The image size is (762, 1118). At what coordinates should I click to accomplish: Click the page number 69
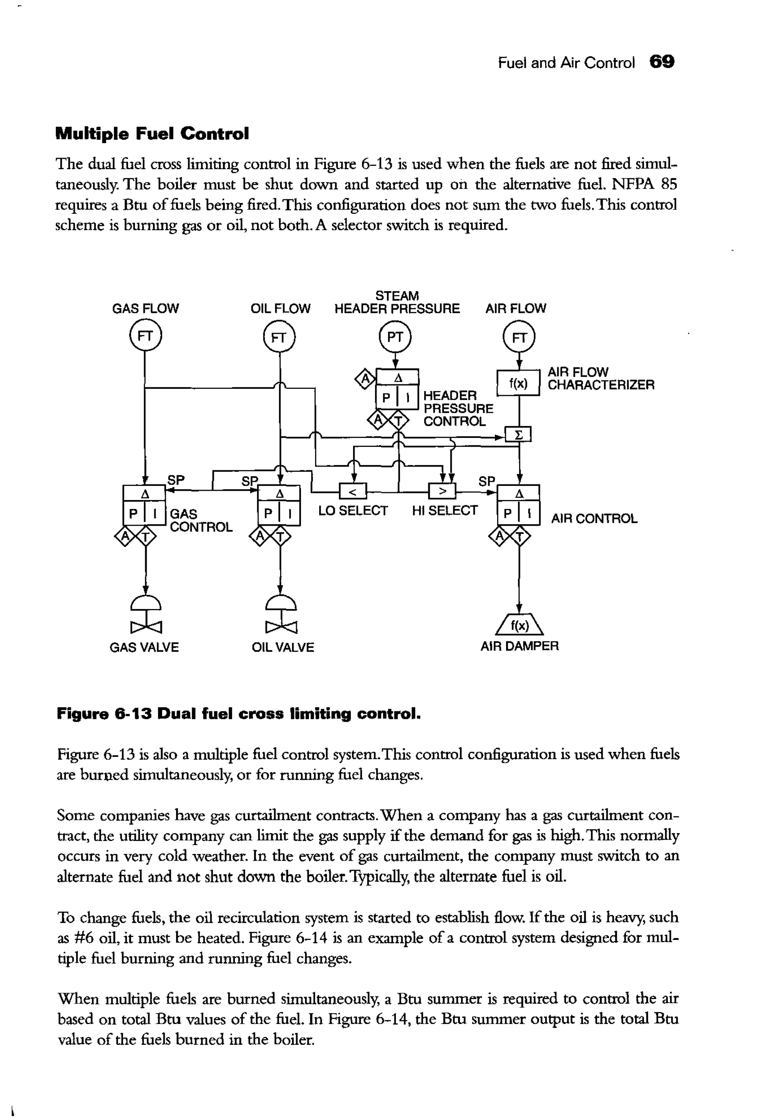[x=662, y=62]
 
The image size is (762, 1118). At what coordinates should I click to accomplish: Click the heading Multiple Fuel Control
[x=153, y=133]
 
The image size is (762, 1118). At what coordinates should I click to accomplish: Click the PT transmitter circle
[x=395, y=337]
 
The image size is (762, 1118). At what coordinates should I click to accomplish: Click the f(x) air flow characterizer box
[x=518, y=383]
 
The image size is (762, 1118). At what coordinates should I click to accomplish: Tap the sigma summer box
[x=518, y=435]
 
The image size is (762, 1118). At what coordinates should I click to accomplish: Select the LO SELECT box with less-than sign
[x=353, y=492]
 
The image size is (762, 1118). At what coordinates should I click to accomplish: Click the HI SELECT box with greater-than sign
[x=442, y=492]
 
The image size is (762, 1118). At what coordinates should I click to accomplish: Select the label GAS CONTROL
[x=201, y=521]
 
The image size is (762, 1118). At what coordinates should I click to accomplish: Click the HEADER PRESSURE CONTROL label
[x=457, y=409]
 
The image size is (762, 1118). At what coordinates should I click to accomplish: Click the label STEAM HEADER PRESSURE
[x=397, y=302]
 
